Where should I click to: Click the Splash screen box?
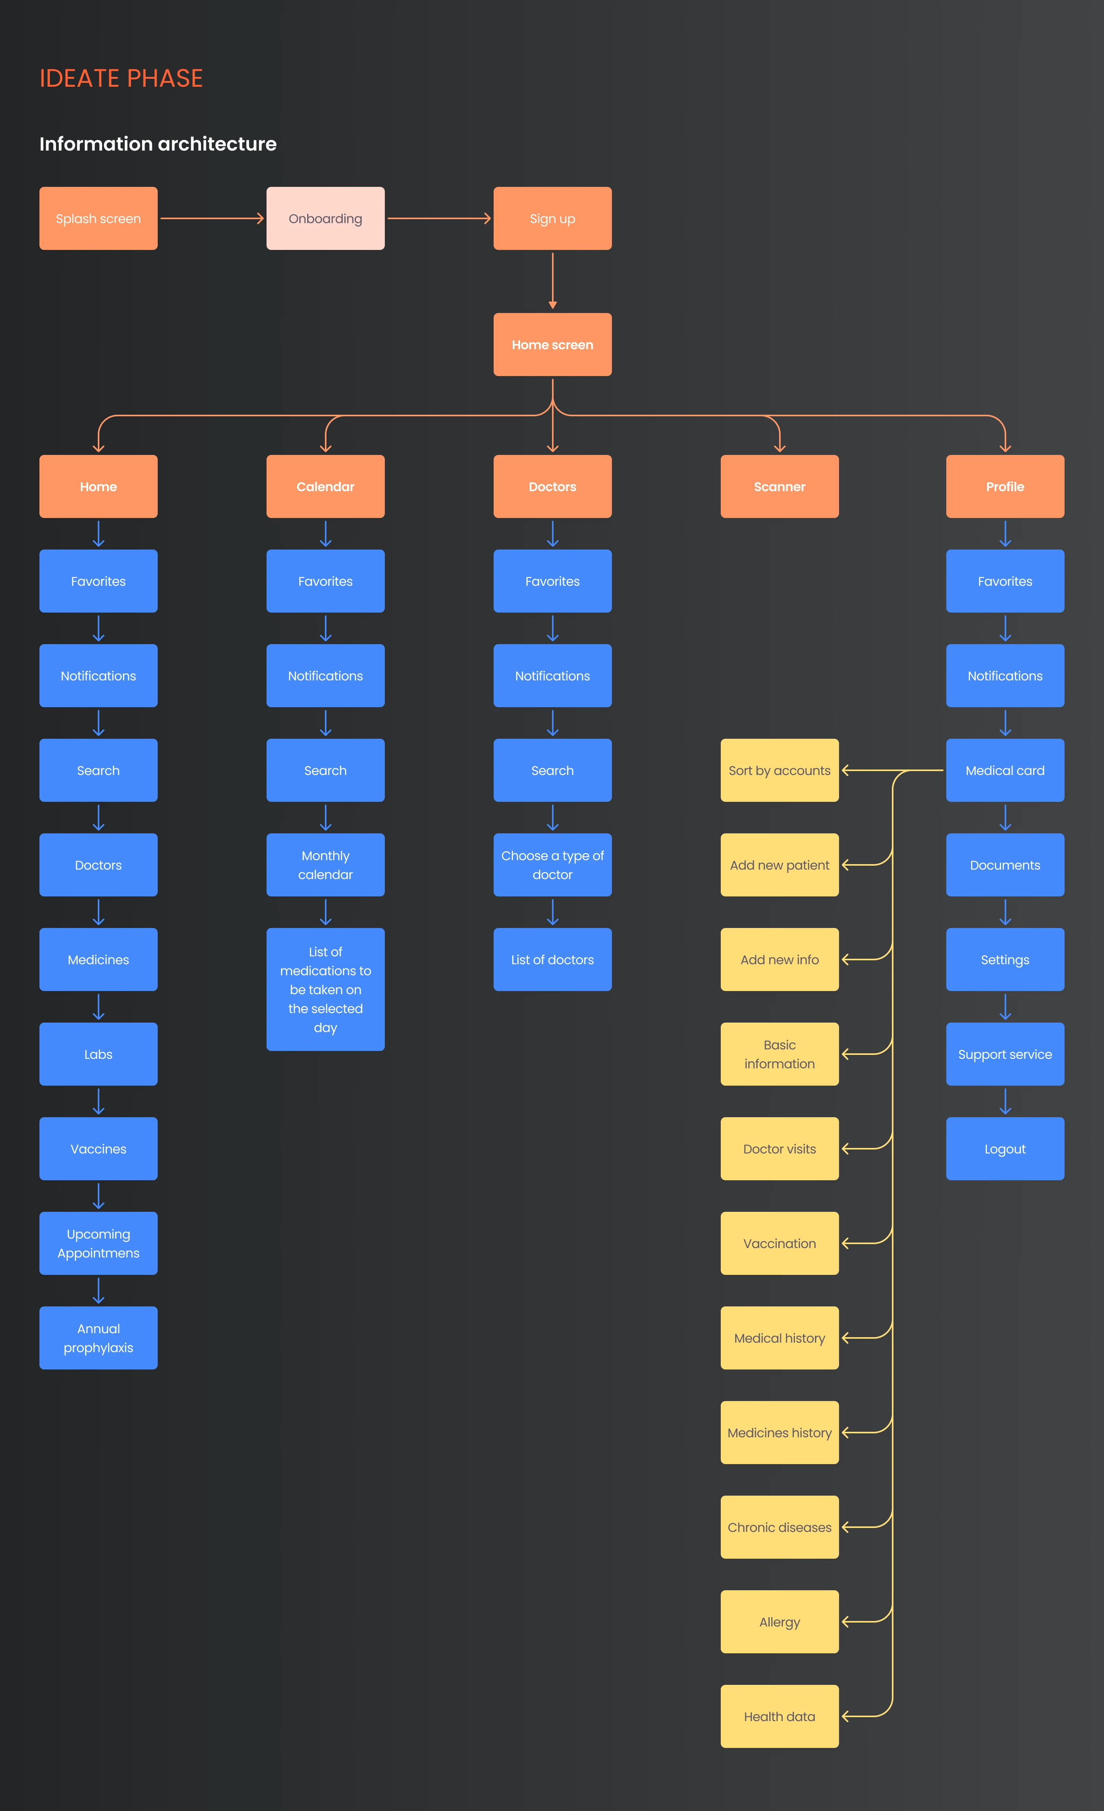[x=99, y=218]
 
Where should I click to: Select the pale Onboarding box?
[x=326, y=218]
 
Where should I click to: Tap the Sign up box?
[x=553, y=218]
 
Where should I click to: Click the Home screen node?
[x=553, y=345]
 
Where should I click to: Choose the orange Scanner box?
[x=780, y=486]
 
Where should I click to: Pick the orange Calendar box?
[x=326, y=486]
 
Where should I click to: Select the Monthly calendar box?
[x=326, y=865]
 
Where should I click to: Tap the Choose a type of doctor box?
[x=553, y=865]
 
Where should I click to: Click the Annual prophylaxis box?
[x=99, y=1338]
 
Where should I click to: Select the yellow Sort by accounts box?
[x=780, y=770]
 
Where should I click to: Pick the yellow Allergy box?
[x=780, y=1621]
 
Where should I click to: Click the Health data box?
[x=780, y=1716]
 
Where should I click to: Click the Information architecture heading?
[x=158, y=144]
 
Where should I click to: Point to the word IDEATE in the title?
[x=79, y=78]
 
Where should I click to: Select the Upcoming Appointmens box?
[x=99, y=1243]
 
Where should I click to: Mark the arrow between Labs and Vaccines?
[x=99, y=1101]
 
